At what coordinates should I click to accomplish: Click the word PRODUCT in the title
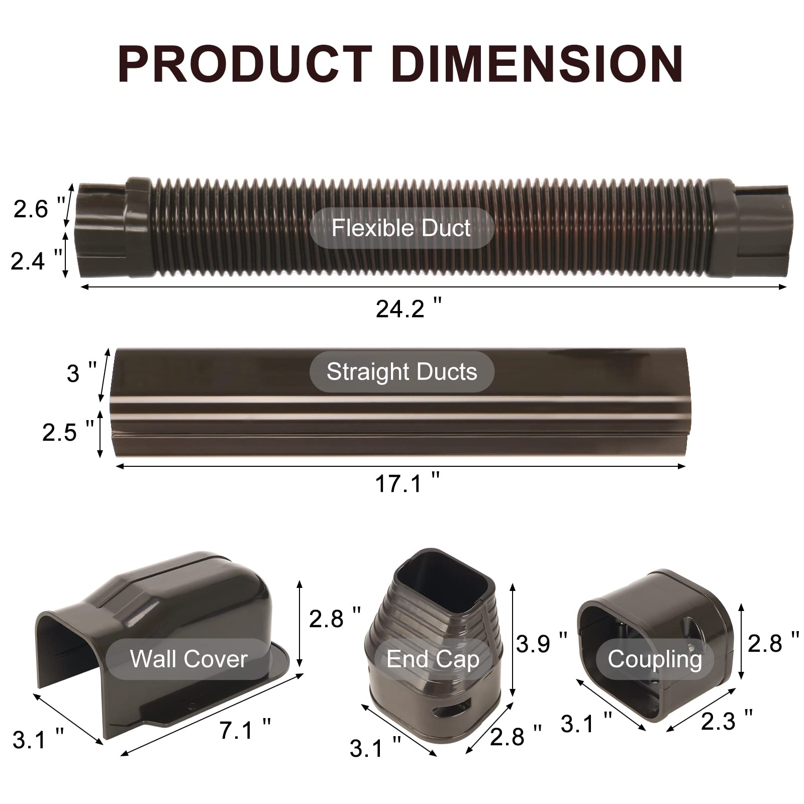point(245,64)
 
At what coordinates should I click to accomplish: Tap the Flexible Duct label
point(401,228)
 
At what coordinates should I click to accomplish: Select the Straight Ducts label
point(401,372)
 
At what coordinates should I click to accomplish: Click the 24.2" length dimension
point(408,308)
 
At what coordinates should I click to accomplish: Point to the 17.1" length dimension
point(407,483)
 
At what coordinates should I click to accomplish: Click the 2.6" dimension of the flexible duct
point(38,209)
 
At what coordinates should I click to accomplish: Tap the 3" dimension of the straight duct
point(81,373)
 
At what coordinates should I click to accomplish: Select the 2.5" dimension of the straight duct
point(67,432)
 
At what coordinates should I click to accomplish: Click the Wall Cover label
point(189,659)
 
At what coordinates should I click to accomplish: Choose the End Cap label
point(433,659)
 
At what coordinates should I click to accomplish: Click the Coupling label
point(654,659)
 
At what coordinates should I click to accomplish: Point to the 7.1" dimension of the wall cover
point(245,730)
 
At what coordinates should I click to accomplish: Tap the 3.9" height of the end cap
point(541,644)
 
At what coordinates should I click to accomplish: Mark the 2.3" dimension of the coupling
point(726,721)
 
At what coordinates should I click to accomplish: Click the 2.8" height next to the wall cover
point(334,618)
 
